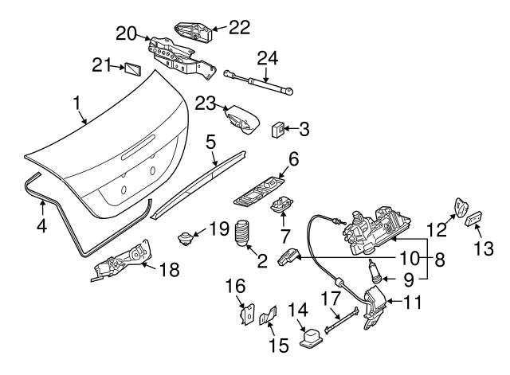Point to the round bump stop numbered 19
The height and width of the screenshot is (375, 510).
click(x=186, y=236)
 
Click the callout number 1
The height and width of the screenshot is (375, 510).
click(x=76, y=104)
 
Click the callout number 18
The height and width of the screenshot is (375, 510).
click(x=168, y=269)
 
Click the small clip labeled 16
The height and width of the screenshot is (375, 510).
click(x=246, y=315)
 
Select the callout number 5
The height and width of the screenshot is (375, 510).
click(x=210, y=143)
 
